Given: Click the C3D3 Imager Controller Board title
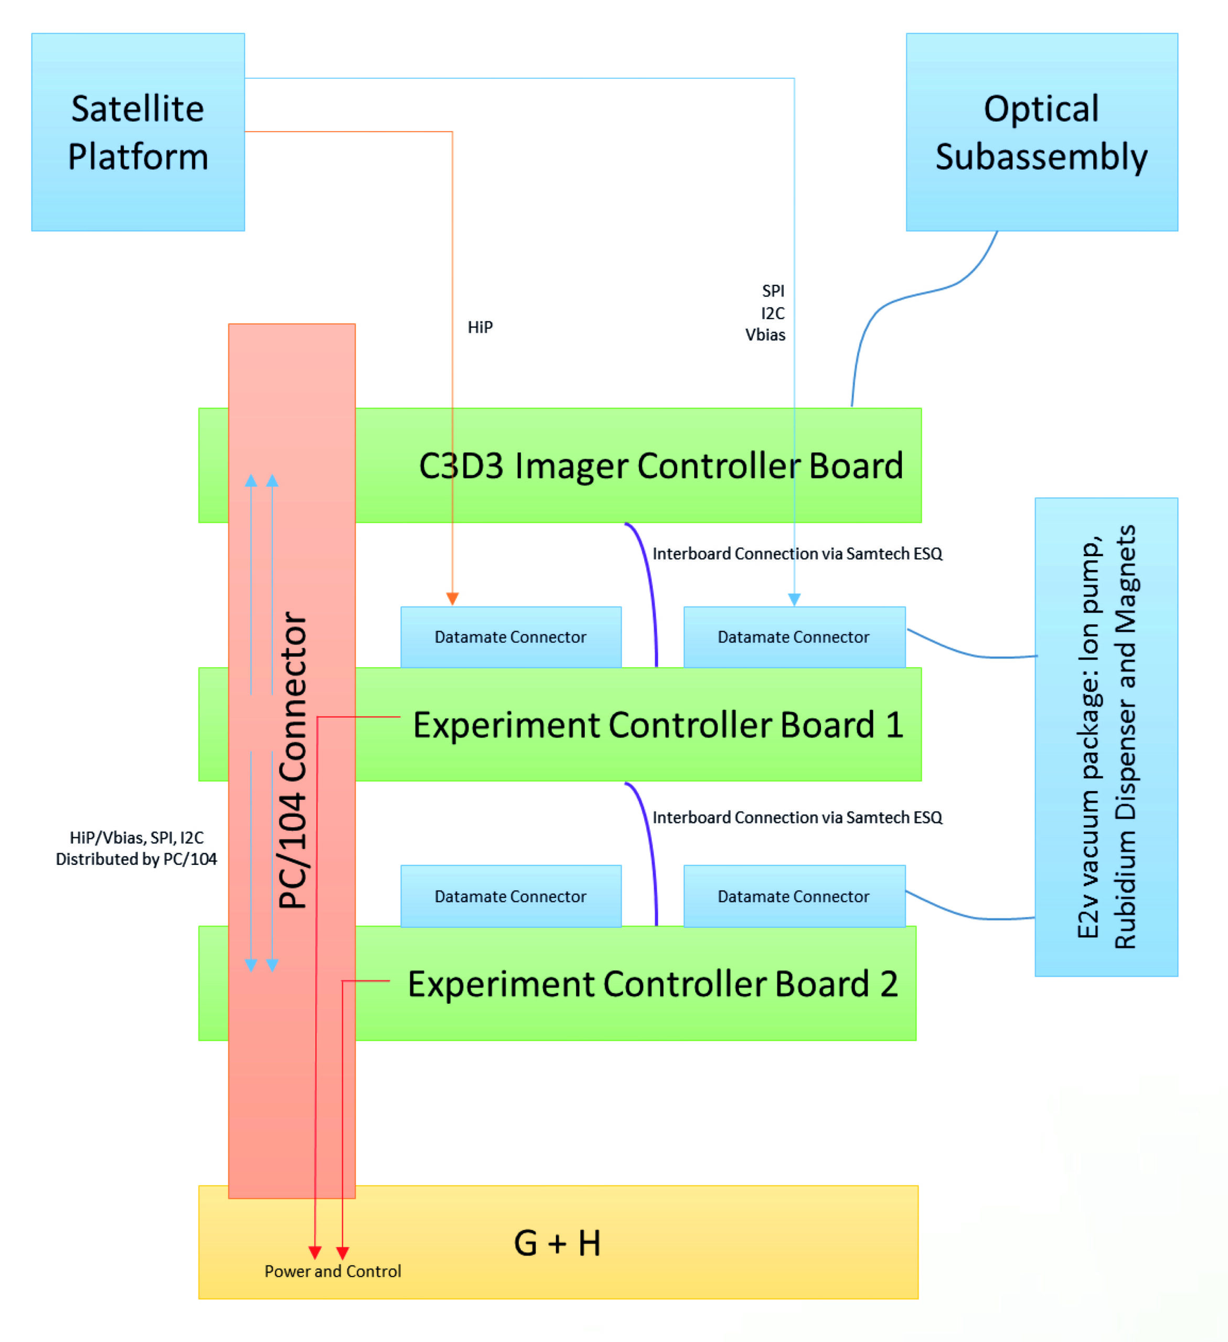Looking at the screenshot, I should [660, 466].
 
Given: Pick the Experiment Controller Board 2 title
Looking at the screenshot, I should [653, 983].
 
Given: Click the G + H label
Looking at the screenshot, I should [558, 1242].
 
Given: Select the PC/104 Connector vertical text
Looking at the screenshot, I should [293, 759].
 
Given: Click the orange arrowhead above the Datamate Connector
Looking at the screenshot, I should [452, 599].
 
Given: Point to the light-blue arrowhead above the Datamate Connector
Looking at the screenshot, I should [794, 599].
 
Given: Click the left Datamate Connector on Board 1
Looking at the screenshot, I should [511, 637].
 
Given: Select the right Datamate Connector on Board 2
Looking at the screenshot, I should [794, 896].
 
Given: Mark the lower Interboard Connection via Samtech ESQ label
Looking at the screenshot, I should [797, 817].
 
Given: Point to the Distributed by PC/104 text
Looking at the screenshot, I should [136, 859].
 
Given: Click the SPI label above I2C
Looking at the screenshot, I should [773, 291].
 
